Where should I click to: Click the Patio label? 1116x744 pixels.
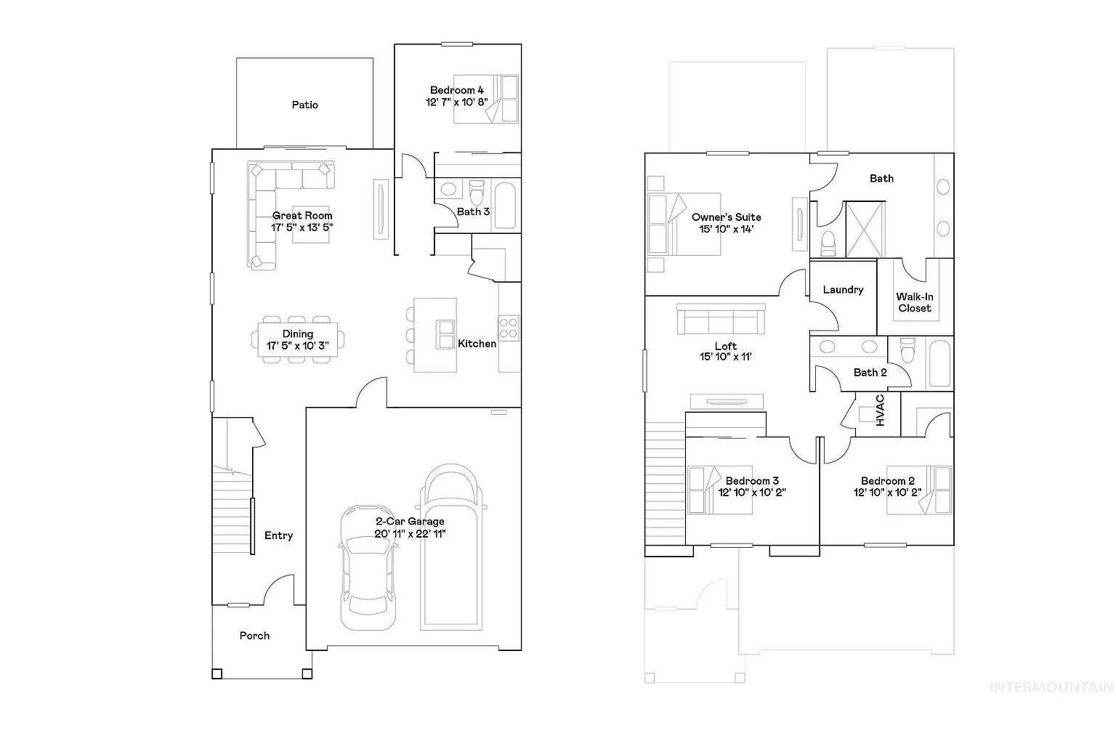305,105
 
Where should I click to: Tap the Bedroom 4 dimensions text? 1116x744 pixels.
457,102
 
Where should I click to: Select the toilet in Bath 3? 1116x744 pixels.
477,192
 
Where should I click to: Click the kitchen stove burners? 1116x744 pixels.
508,328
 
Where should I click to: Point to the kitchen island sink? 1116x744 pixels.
445,334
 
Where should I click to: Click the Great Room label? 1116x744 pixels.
302,216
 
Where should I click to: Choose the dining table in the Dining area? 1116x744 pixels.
297,340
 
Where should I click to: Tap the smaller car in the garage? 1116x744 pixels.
368,567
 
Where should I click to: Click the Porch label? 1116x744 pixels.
254,636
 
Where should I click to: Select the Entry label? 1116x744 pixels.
278,535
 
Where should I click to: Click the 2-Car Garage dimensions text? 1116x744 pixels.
410,534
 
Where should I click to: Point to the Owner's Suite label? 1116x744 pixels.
727,217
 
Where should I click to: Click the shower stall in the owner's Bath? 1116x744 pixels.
865,229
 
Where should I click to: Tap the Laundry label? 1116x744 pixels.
843,289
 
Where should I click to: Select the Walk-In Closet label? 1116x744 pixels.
915,302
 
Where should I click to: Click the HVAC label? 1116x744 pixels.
881,411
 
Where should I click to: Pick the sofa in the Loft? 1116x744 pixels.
721,319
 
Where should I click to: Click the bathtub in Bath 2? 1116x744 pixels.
939,363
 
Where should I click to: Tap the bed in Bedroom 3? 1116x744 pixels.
720,490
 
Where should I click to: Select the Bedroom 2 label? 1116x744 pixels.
888,481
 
